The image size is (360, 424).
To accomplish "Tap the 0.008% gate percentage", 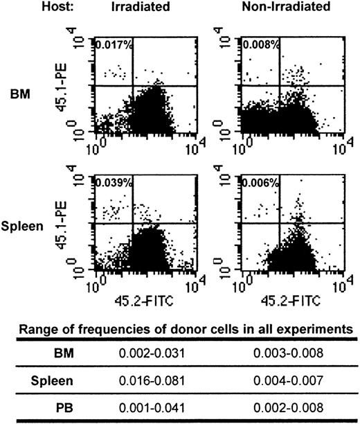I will click(x=258, y=46).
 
